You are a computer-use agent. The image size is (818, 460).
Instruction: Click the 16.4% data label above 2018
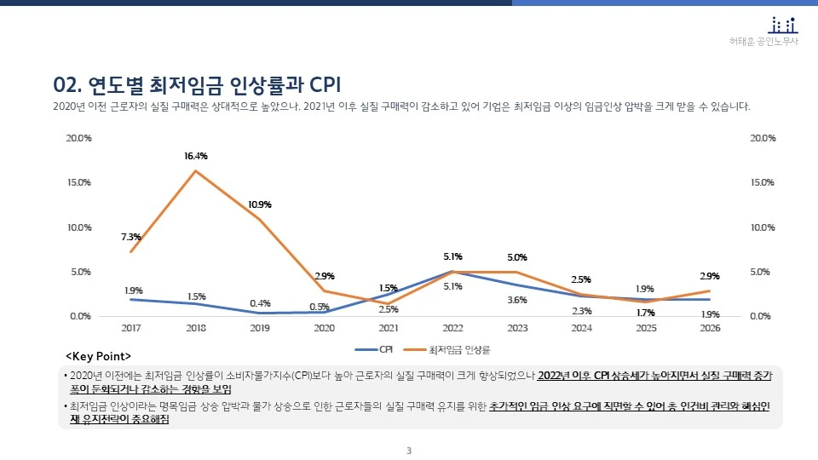click(196, 156)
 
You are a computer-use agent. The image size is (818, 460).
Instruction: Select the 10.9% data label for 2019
click(260, 204)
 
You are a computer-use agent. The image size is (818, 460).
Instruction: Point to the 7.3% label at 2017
click(131, 237)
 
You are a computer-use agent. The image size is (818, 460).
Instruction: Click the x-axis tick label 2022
click(452, 328)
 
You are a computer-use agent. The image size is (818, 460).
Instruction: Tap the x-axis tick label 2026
click(710, 328)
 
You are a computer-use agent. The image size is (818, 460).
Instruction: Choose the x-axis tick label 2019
click(260, 328)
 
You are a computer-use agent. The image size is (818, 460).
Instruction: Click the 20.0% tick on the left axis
click(79, 138)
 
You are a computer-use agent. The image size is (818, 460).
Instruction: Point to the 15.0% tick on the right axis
click(763, 182)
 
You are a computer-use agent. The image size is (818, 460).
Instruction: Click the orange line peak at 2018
click(196, 171)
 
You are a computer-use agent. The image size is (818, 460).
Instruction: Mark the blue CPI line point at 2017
click(131, 299)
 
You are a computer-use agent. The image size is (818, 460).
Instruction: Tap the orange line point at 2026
click(710, 290)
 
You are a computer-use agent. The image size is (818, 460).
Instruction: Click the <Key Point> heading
click(98, 355)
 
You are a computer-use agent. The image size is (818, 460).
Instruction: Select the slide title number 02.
click(66, 84)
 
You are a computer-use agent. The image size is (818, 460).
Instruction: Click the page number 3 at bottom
click(409, 451)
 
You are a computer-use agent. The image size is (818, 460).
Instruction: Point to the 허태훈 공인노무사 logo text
click(764, 42)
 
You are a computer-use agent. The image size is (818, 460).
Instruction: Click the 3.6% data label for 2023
click(516, 300)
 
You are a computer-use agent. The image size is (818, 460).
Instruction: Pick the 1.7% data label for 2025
click(646, 313)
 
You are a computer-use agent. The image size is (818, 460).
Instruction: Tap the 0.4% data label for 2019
click(260, 303)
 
